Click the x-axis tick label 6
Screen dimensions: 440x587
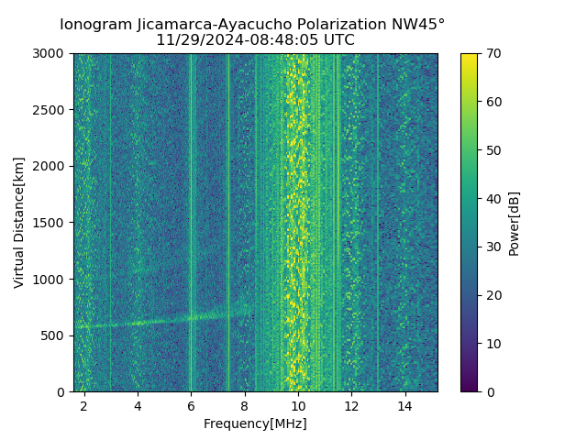(191, 405)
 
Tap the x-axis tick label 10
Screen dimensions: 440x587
(298, 405)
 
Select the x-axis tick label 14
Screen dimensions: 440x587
(404, 405)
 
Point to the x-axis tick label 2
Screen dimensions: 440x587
(83, 405)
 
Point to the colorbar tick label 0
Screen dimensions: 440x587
(489, 391)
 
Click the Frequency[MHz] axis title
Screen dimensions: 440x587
(255, 423)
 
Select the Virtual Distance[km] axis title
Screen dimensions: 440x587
(19, 223)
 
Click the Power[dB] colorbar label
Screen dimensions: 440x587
(515, 223)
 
